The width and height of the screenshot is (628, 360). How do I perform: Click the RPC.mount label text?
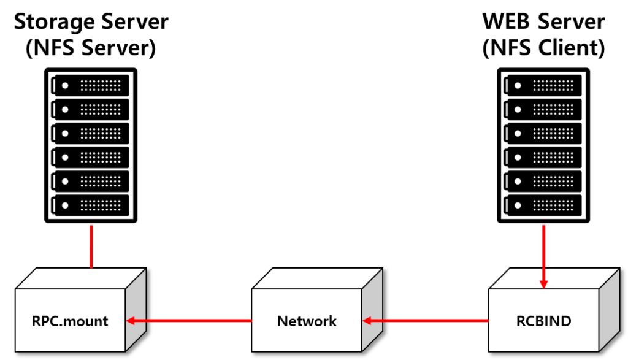coord(70,321)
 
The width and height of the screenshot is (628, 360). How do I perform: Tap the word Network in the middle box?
coord(307,321)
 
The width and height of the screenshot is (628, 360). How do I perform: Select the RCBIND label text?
coord(543,321)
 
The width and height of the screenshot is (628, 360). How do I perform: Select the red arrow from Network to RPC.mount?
coord(190,320)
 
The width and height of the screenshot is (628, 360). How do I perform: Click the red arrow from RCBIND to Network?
coord(426,320)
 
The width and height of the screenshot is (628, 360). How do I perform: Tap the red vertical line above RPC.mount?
coord(91,246)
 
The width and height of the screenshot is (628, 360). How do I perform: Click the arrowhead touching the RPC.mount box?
coord(131,320)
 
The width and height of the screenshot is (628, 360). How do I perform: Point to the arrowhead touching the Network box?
coord(367,320)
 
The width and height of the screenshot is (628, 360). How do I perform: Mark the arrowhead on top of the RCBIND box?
coord(543,284)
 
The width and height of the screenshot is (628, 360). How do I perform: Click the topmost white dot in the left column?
coord(65,86)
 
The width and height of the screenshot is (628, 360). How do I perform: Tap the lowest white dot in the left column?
coord(65,205)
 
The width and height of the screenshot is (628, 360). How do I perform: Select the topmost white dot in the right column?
coord(518,86)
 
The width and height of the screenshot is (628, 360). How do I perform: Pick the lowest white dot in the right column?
coord(518,205)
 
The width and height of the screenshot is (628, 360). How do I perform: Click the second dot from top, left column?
coord(65,110)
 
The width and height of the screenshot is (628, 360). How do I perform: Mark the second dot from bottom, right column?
coord(518,182)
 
